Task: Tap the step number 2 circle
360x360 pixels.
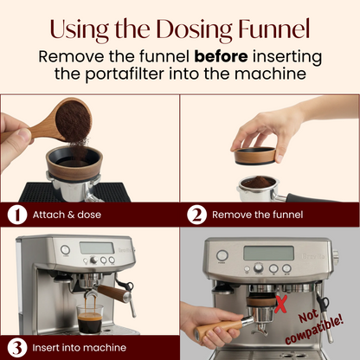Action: (196, 213)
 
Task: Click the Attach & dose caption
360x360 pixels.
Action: (66, 214)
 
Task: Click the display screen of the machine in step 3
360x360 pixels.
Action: (95, 247)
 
